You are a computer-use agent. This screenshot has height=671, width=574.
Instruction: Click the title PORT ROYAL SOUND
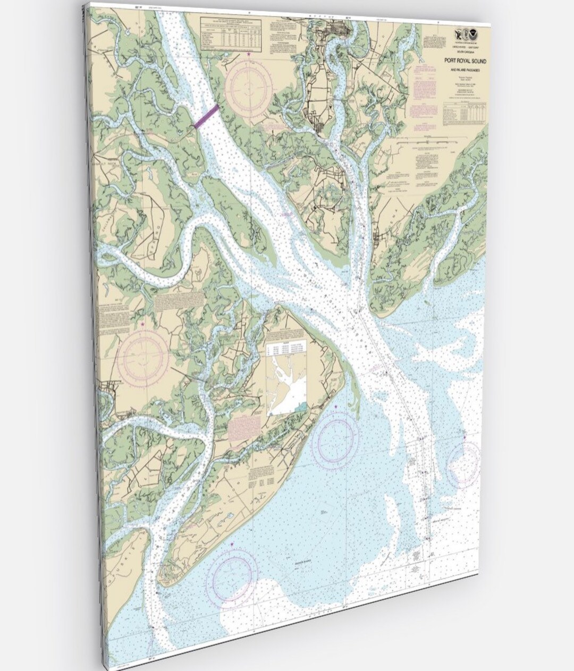[x=465, y=62]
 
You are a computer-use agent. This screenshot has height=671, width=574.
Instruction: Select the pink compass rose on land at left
[x=142, y=358]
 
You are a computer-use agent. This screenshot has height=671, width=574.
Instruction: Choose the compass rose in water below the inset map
[x=335, y=440]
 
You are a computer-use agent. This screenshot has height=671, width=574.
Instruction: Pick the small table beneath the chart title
[x=464, y=114]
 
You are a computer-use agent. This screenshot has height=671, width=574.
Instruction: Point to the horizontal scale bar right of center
[x=425, y=143]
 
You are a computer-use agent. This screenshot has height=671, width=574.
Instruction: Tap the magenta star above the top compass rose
[x=248, y=54]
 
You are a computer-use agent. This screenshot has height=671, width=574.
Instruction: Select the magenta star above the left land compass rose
[x=142, y=324]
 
